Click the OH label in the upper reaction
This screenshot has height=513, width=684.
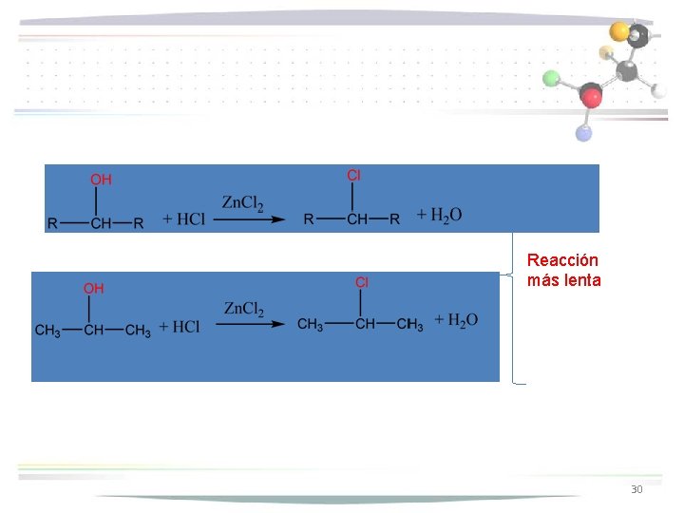(x=101, y=180)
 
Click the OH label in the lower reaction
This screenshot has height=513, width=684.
(x=94, y=288)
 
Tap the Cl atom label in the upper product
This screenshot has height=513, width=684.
(x=353, y=175)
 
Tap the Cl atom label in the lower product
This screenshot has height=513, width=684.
(x=362, y=282)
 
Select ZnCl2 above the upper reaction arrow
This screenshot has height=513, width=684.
(x=243, y=203)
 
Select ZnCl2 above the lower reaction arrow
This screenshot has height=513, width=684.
(x=244, y=309)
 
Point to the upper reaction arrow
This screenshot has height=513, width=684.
(x=248, y=219)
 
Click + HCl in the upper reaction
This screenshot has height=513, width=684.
(x=183, y=219)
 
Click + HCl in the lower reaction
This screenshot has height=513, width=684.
(x=180, y=327)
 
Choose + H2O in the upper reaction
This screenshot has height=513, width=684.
(x=439, y=216)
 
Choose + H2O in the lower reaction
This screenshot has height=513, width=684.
(x=456, y=320)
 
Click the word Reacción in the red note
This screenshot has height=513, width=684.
(x=562, y=260)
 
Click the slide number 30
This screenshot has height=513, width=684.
(x=636, y=489)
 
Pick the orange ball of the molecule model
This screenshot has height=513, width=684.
(x=619, y=31)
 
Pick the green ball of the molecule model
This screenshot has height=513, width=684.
(x=552, y=78)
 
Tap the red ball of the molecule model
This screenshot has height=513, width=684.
(x=592, y=96)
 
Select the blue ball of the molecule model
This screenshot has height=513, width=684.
(x=583, y=133)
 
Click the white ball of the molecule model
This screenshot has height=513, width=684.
(x=659, y=91)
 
